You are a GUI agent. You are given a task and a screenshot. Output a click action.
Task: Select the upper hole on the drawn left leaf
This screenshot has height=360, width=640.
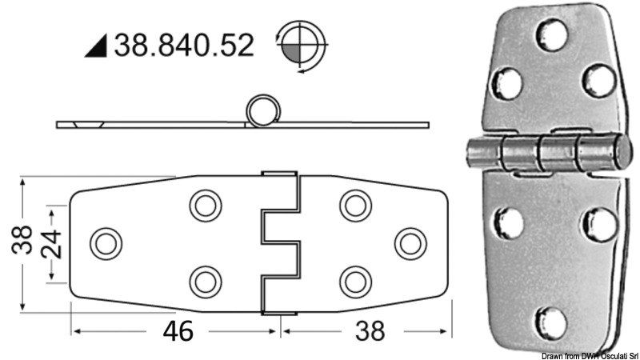[205, 206]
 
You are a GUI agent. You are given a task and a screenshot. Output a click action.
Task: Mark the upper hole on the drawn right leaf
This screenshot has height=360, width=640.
[353, 206]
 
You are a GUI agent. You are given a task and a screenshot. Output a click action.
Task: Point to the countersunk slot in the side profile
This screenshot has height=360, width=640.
[84, 125]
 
